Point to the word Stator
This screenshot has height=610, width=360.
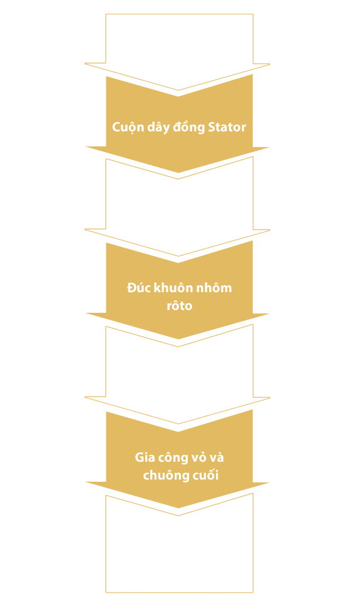pyautogui.click(x=227, y=127)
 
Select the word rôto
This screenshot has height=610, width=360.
pyautogui.click(x=180, y=305)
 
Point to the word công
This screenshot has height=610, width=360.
pyautogui.click(x=173, y=458)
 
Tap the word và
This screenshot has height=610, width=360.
pyautogui.click(x=217, y=457)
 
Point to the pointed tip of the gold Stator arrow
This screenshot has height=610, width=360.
pyautogui.click(x=178, y=172)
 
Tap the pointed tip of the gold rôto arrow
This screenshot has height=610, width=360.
pyautogui.click(x=178, y=339)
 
